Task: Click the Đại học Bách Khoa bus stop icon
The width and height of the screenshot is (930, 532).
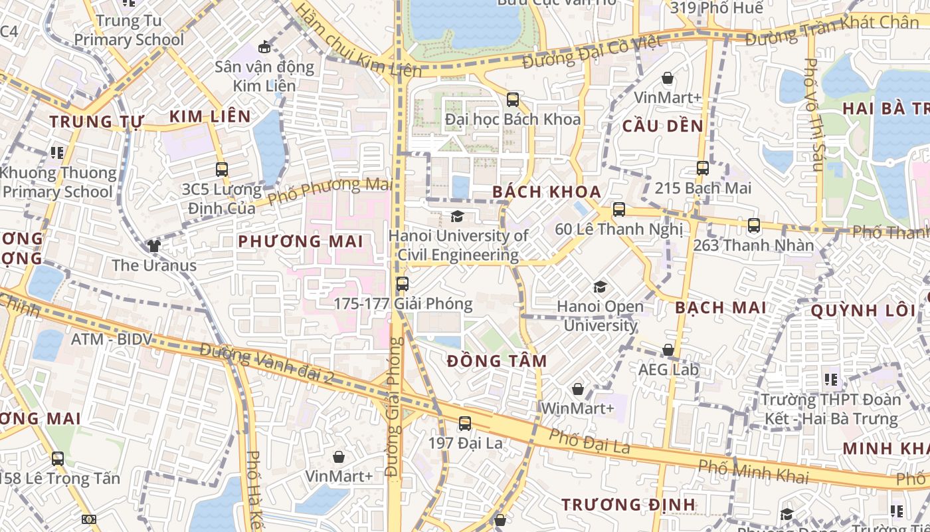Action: [x=513, y=100]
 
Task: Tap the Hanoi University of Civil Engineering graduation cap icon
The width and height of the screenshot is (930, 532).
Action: [x=457, y=216]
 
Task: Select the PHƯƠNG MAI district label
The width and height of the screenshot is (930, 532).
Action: [x=301, y=241]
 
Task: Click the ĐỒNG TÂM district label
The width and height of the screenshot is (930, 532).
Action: [x=497, y=361]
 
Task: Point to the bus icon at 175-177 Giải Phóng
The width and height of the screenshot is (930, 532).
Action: [x=402, y=285]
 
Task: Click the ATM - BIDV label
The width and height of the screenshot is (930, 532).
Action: [x=112, y=339]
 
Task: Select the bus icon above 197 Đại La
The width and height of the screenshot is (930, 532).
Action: [x=465, y=424]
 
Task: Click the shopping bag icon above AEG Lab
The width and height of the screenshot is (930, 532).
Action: [x=668, y=350]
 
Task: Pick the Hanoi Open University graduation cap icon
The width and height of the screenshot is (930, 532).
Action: [x=600, y=287]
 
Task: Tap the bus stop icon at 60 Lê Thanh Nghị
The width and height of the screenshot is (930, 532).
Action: [x=619, y=209]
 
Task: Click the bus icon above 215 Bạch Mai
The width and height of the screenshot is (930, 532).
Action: [x=703, y=168]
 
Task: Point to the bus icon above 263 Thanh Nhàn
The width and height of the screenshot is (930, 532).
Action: [x=753, y=225]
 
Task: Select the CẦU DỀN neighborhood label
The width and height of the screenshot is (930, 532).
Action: [x=662, y=126]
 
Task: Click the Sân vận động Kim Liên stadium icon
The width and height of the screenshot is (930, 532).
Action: [x=264, y=47]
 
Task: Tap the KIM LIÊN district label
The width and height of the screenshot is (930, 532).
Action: [x=210, y=117]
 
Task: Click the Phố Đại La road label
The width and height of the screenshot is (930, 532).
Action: [x=590, y=442]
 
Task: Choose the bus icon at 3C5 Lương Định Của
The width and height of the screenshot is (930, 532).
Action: [x=222, y=170]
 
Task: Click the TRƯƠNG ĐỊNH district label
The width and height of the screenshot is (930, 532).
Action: [x=628, y=505]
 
